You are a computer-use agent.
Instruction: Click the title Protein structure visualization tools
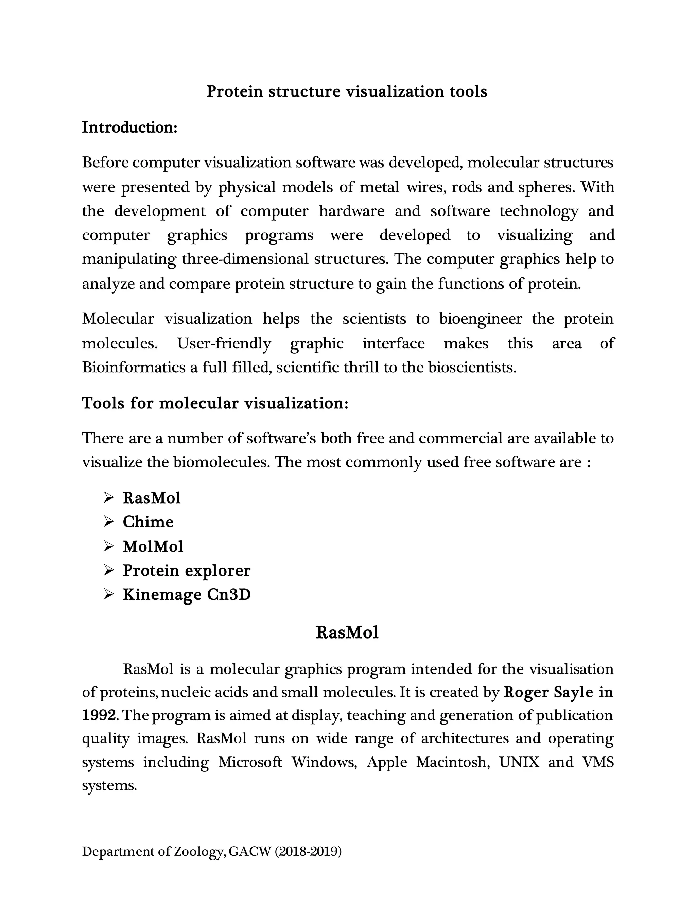point(347,91)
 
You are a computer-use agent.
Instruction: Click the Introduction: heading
point(129,127)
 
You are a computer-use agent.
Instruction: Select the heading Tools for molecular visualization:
point(215,403)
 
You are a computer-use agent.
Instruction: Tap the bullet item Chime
point(148,522)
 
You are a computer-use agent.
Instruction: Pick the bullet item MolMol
point(153,546)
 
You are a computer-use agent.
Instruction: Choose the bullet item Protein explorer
point(186,571)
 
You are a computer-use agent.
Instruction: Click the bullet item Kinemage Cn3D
point(187,594)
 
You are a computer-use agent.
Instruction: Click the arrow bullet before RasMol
point(108,498)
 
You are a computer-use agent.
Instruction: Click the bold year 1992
point(99,715)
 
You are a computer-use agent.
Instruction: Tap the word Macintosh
point(453,762)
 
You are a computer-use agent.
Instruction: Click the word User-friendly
point(224,343)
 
